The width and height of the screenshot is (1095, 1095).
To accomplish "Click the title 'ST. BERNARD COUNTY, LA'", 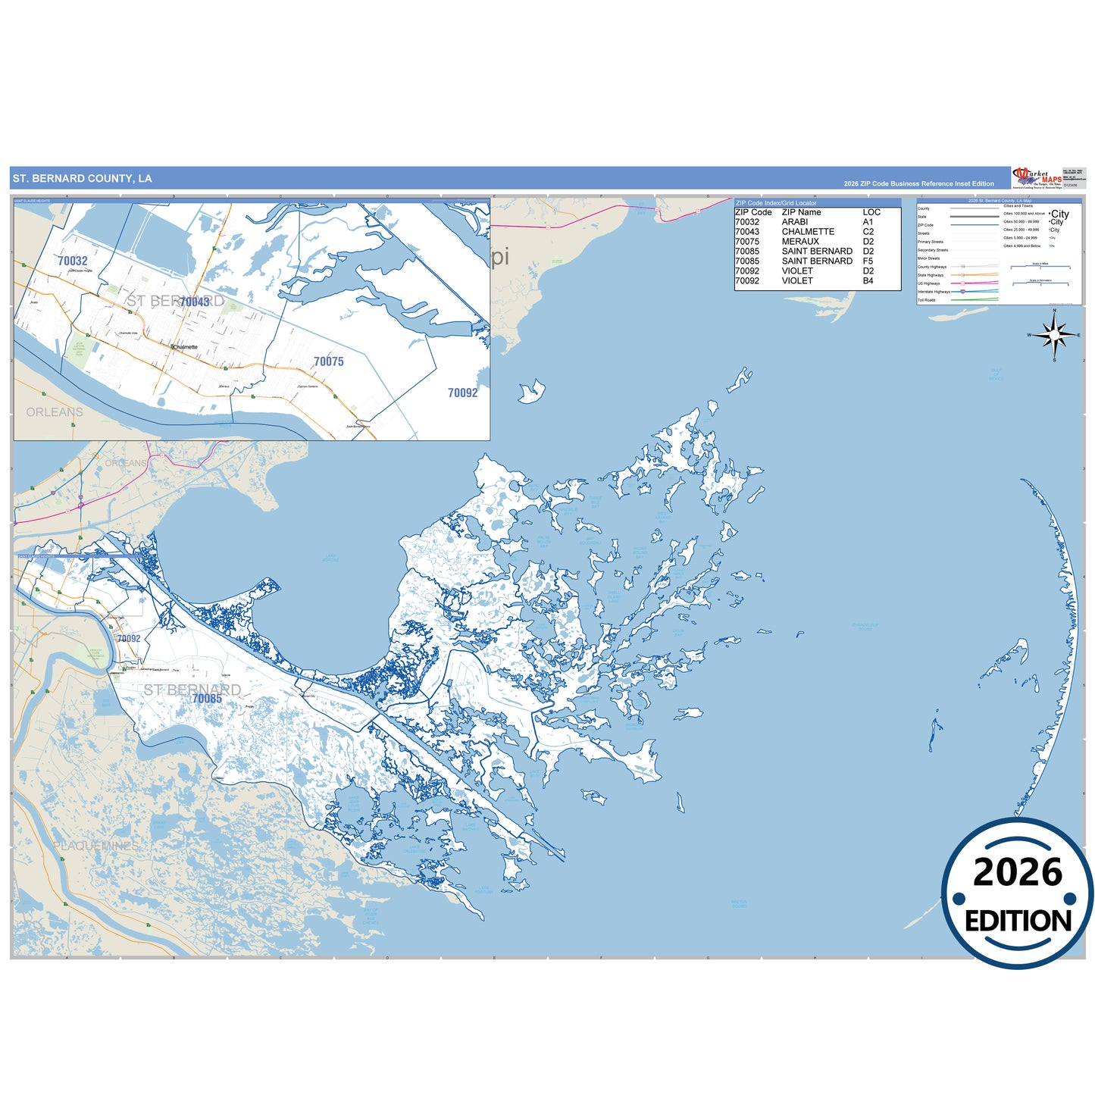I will pyautogui.click(x=82, y=179).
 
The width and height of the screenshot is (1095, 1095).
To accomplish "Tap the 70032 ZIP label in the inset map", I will pyautogui.click(x=73, y=261).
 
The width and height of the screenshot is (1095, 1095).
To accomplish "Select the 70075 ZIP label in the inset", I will pyautogui.click(x=329, y=361).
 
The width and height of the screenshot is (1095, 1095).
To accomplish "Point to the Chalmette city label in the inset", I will pyautogui.click(x=185, y=347).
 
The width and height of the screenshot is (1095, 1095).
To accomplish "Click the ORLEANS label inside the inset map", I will pyautogui.click(x=55, y=412).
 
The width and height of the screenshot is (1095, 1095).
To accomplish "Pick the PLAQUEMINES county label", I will pyautogui.click(x=96, y=846).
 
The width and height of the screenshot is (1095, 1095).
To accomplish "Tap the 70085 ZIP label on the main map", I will pyautogui.click(x=207, y=699).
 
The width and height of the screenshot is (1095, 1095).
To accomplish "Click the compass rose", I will pyautogui.click(x=1054, y=335).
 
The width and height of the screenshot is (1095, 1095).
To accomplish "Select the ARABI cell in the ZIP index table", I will pyautogui.click(x=795, y=222).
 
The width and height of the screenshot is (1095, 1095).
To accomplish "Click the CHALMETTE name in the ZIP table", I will pyautogui.click(x=808, y=232).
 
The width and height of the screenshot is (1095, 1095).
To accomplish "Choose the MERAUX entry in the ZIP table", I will pyautogui.click(x=800, y=242).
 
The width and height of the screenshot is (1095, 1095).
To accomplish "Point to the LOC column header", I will pyautogui.click(x=871, y=212).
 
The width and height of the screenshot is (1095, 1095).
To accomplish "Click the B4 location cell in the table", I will pyautogui.click(x=868, y=280).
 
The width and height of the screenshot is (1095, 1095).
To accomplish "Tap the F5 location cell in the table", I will pyautogui.click(x=868, y=261).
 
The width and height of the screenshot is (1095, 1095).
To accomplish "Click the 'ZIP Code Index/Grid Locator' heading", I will pyautogui.click(x=776, y=203).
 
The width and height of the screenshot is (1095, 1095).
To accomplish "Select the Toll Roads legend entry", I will pyautogui.click(x=926, y=300).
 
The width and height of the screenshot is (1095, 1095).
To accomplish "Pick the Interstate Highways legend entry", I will pyautogui.click(x=934, y=292).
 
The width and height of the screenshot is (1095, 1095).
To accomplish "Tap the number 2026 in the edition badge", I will pyautogui.click(x=1018, y=873).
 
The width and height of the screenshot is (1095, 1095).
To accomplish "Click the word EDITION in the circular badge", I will pyautogui.click(x=1018, y=921).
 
